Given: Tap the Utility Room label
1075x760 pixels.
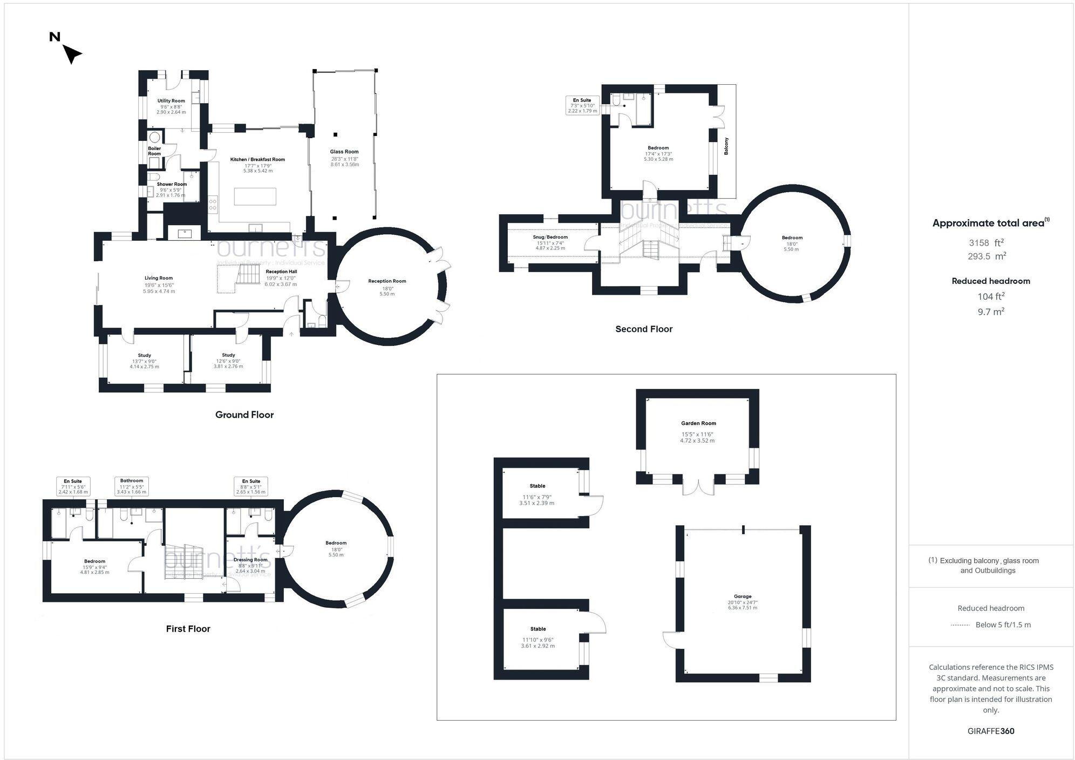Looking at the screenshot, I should [171, 101].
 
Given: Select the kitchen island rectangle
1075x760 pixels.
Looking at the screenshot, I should [255, 196].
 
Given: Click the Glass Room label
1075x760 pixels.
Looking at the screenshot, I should [344, 152].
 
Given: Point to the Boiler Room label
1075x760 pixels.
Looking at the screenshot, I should [154, 151].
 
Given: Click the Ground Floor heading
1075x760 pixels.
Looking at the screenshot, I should [244, 415].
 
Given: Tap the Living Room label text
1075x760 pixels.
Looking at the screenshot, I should [159, 278].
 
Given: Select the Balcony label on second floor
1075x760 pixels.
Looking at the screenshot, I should [726, 146].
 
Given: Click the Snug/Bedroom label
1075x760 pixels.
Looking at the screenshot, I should [550, 237].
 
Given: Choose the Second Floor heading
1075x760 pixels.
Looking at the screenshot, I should [644, 329].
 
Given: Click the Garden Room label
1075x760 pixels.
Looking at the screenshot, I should [698, 423].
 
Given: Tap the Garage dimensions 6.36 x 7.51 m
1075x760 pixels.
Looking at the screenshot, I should [743, 608].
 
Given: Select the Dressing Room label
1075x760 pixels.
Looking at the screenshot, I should [250, 560].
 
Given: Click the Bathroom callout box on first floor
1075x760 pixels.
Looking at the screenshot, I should [132, 486].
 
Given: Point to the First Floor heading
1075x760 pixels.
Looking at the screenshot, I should [188, 628].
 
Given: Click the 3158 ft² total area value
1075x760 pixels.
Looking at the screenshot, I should [986, 243].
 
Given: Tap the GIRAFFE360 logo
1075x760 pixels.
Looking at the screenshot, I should [991, 731].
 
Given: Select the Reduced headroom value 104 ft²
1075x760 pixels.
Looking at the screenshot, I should [991, 296].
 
